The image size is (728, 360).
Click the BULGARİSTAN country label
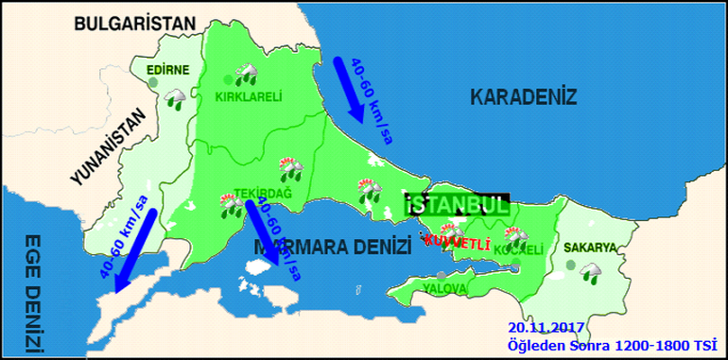click(x=136, y=24)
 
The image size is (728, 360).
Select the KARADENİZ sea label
click(x=523, y=95)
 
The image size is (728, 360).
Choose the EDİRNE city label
click(x=168, y=69)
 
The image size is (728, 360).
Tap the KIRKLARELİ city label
click(x=250, y=96)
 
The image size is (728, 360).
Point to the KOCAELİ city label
click(x=519, y=250)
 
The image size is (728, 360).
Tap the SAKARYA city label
click(x=590, y=248)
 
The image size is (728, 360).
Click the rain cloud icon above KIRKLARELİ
click(x=249, y=74)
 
